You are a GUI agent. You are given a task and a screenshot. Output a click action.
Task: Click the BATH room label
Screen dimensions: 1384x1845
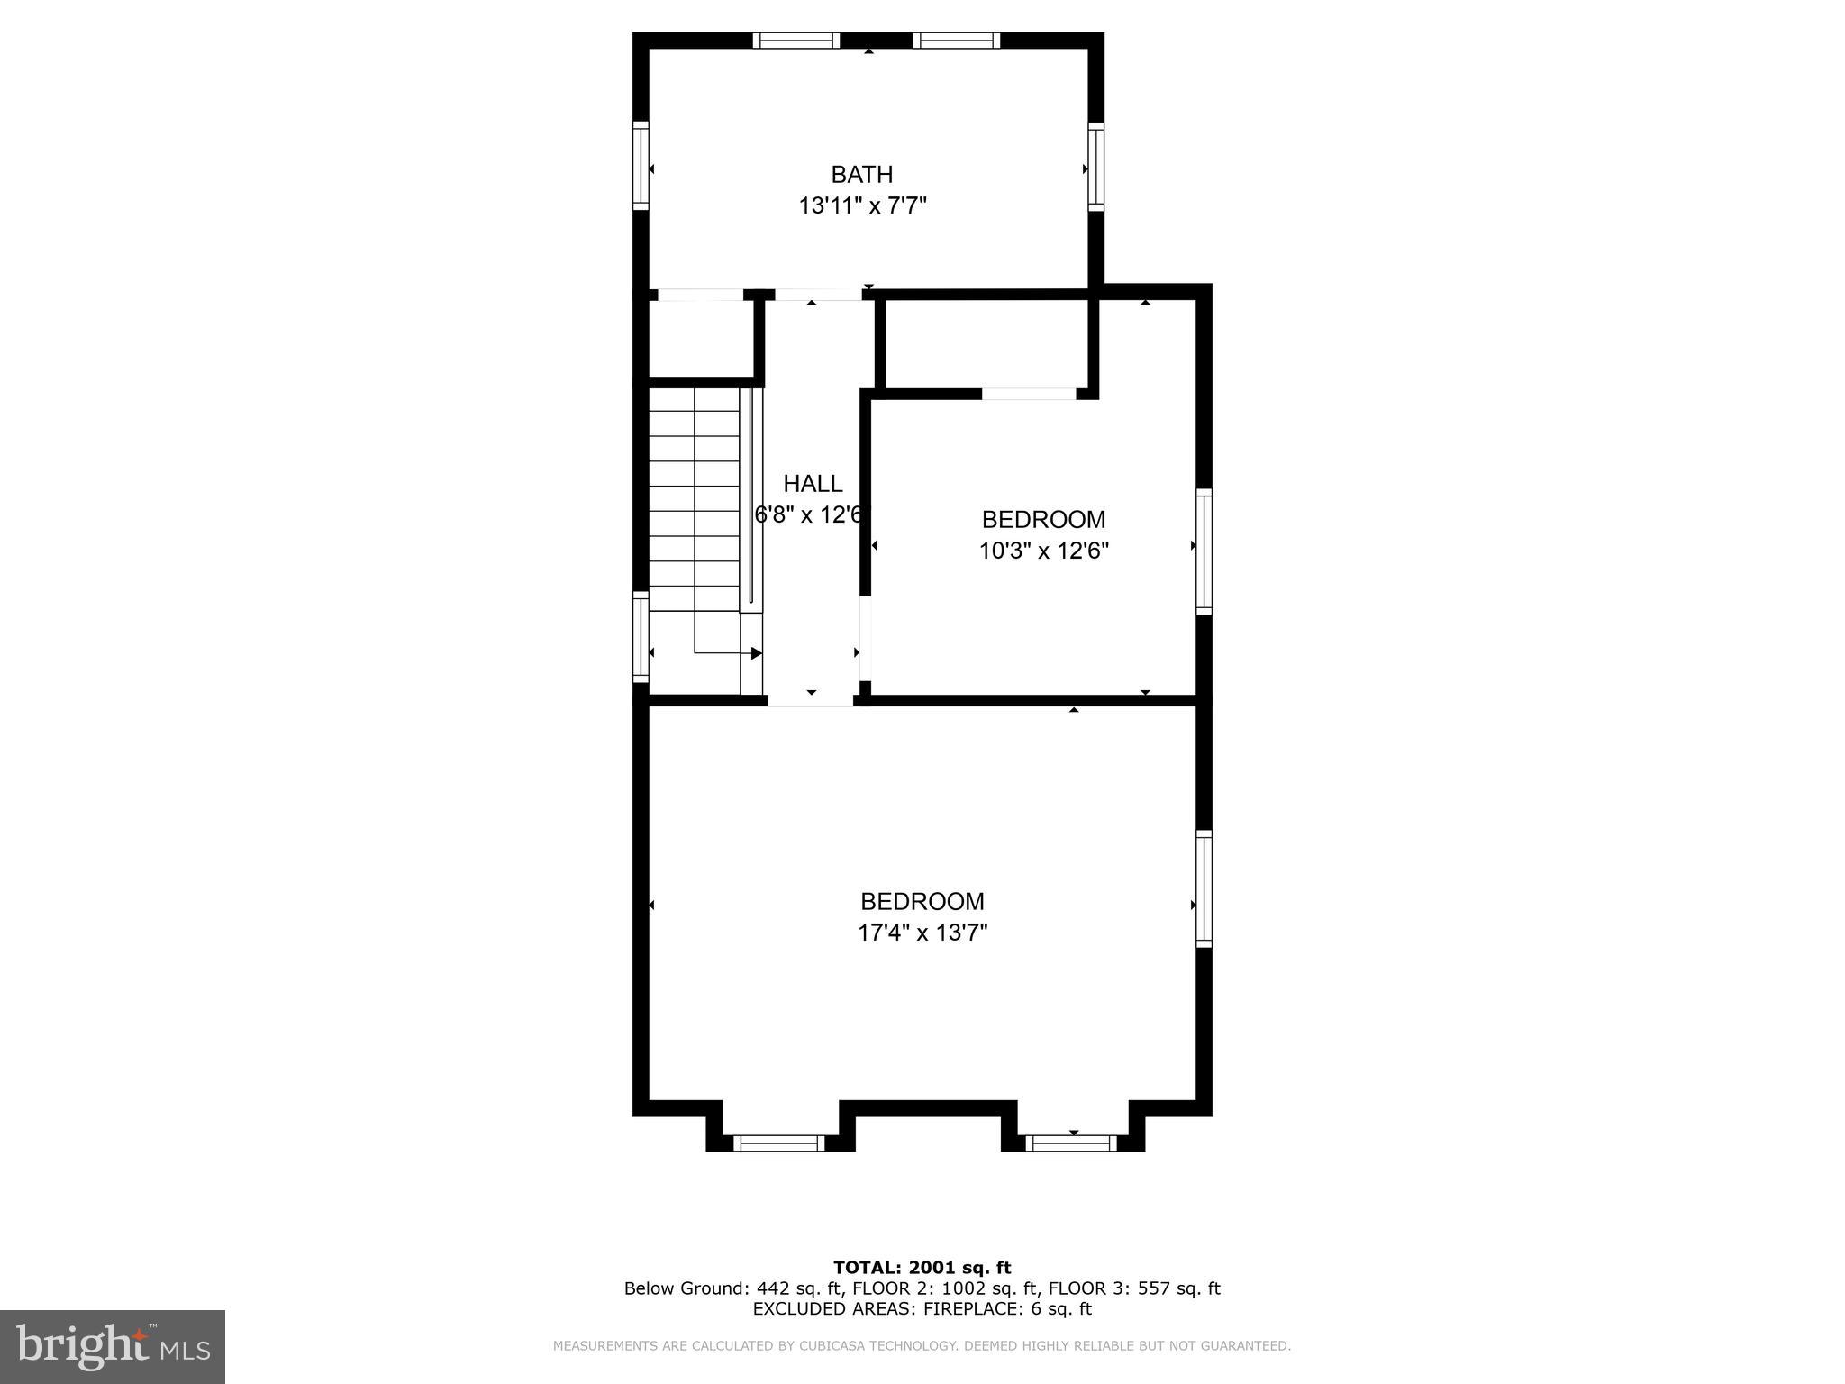pos(861,174)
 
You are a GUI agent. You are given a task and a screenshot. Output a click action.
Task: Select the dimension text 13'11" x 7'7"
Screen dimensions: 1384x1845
pos(862,206)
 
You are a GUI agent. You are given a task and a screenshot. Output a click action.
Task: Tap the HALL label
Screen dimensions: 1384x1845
pos(813,484)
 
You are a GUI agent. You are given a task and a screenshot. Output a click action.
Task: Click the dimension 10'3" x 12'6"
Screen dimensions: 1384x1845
pos(1043,551)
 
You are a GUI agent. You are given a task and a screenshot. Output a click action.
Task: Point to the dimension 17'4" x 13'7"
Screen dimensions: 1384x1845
pos(922,933)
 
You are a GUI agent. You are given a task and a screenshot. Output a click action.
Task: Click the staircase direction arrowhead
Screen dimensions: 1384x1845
pos(756,653)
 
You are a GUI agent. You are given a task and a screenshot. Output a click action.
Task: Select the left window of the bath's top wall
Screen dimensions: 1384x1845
pos(795,41)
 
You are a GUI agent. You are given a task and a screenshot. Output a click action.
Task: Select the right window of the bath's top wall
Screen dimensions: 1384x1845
pos(956,41)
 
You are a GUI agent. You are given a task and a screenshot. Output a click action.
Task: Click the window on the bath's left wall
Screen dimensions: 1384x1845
pos(641,166)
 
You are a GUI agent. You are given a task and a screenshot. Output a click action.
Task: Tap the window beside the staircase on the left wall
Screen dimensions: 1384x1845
pos(641,636)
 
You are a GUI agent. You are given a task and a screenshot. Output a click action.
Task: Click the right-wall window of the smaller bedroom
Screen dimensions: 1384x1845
pos(1204,551)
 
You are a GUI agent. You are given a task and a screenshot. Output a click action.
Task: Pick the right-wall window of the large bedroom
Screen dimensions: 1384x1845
pos(1204,888)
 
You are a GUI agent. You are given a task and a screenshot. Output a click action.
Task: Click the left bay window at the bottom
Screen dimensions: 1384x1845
pos(779,1143)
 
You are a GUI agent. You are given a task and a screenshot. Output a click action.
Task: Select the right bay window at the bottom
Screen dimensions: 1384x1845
pos(1071,1143)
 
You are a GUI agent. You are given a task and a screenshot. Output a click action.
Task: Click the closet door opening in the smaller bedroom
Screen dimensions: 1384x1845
pos(1029,394)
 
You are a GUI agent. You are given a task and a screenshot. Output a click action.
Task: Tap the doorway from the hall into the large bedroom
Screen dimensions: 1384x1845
pos(811,700)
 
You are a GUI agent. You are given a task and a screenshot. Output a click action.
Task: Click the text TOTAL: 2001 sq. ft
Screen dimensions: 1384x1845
pos(922,1268)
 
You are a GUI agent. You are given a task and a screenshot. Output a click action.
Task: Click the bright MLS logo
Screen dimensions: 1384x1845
pos(113,1346)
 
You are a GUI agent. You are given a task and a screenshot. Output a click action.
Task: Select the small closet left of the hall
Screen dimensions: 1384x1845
pos(701,339)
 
